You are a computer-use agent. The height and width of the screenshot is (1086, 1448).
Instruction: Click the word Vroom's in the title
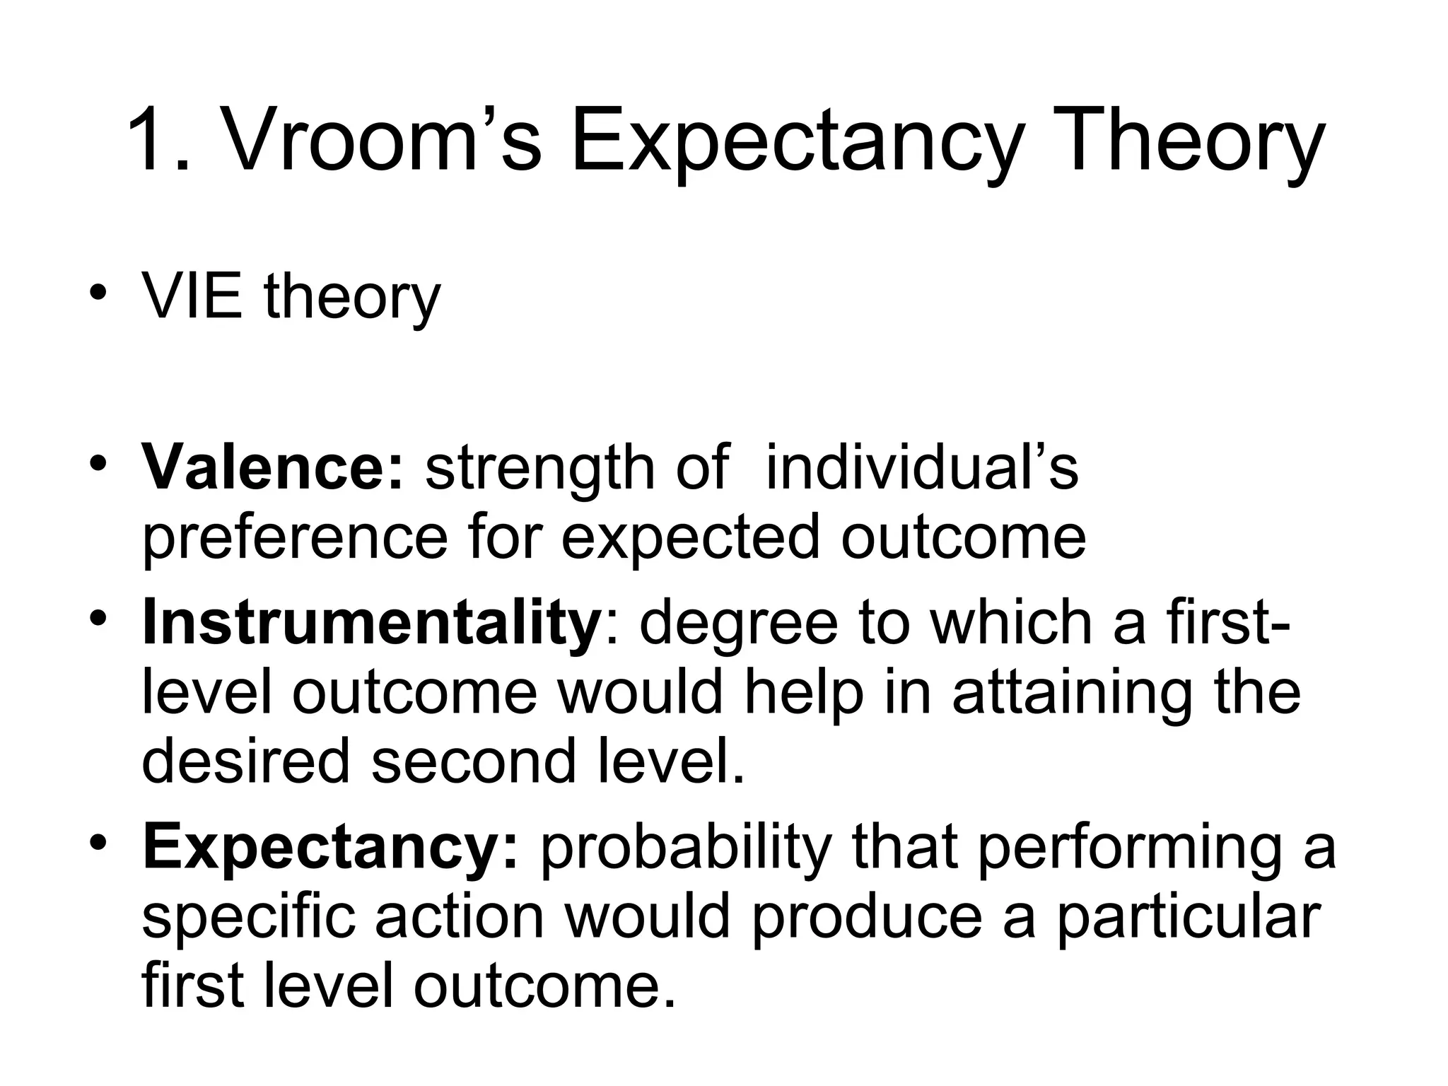(383, 142)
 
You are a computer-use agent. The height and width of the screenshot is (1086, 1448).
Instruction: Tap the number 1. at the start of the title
(160, 142)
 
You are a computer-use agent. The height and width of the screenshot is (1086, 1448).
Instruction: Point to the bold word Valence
(273, 467)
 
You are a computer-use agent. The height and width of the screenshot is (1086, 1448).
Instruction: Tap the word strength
(540, 467)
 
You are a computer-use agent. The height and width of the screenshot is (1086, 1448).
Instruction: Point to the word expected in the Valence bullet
(690, 538)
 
